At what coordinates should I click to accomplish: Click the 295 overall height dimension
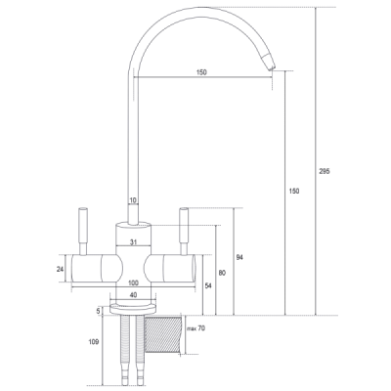pyautogui.click(x=325, y=171)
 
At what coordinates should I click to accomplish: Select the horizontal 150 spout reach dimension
pyautogui.click(x=201, y=72)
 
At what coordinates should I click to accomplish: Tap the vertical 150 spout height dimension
pyautogui.click(x=294, y=192)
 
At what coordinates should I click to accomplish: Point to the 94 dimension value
pyautogui.click(x=239, y=258)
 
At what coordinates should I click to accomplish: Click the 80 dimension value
pyautogui.click(x=222, y=273)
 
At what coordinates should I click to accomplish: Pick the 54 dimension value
pyautogui.click(x=208, y=285)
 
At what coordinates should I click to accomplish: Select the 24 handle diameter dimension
pyautogui.click(x=60, y=269)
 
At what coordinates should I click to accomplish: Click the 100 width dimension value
pyautogui.click(x=134, y=282)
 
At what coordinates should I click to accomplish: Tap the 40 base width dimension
pyautogui.click(x=133, y=295)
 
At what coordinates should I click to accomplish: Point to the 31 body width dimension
pyautogui.click(x=133, y=242)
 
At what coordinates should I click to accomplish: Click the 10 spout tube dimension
pyautogui.click(x=133, y=200)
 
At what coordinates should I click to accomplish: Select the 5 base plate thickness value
pyautogui.click(x=98, y=311)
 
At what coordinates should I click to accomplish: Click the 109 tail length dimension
pyautogui.click(x=93, y=342)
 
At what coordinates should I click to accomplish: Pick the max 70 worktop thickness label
pyautogui.click(x=195, y=328)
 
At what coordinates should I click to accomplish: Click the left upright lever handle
pyautogui.click(x=83, y=232)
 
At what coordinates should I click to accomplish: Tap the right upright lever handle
pyautogui.click(x=184, y=232)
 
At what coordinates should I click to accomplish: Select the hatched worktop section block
pyautogui.click(x=162, y=334)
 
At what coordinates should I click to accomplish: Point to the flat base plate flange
pyautogui.click(x=133, y=309)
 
